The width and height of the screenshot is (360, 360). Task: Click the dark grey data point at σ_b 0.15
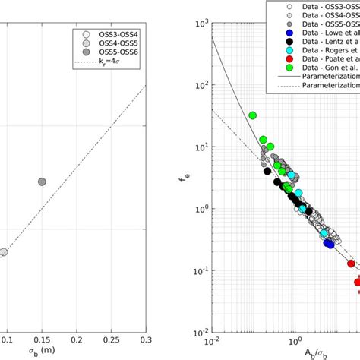tap(42, 182)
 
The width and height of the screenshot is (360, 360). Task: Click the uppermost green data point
tap(253, 115)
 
